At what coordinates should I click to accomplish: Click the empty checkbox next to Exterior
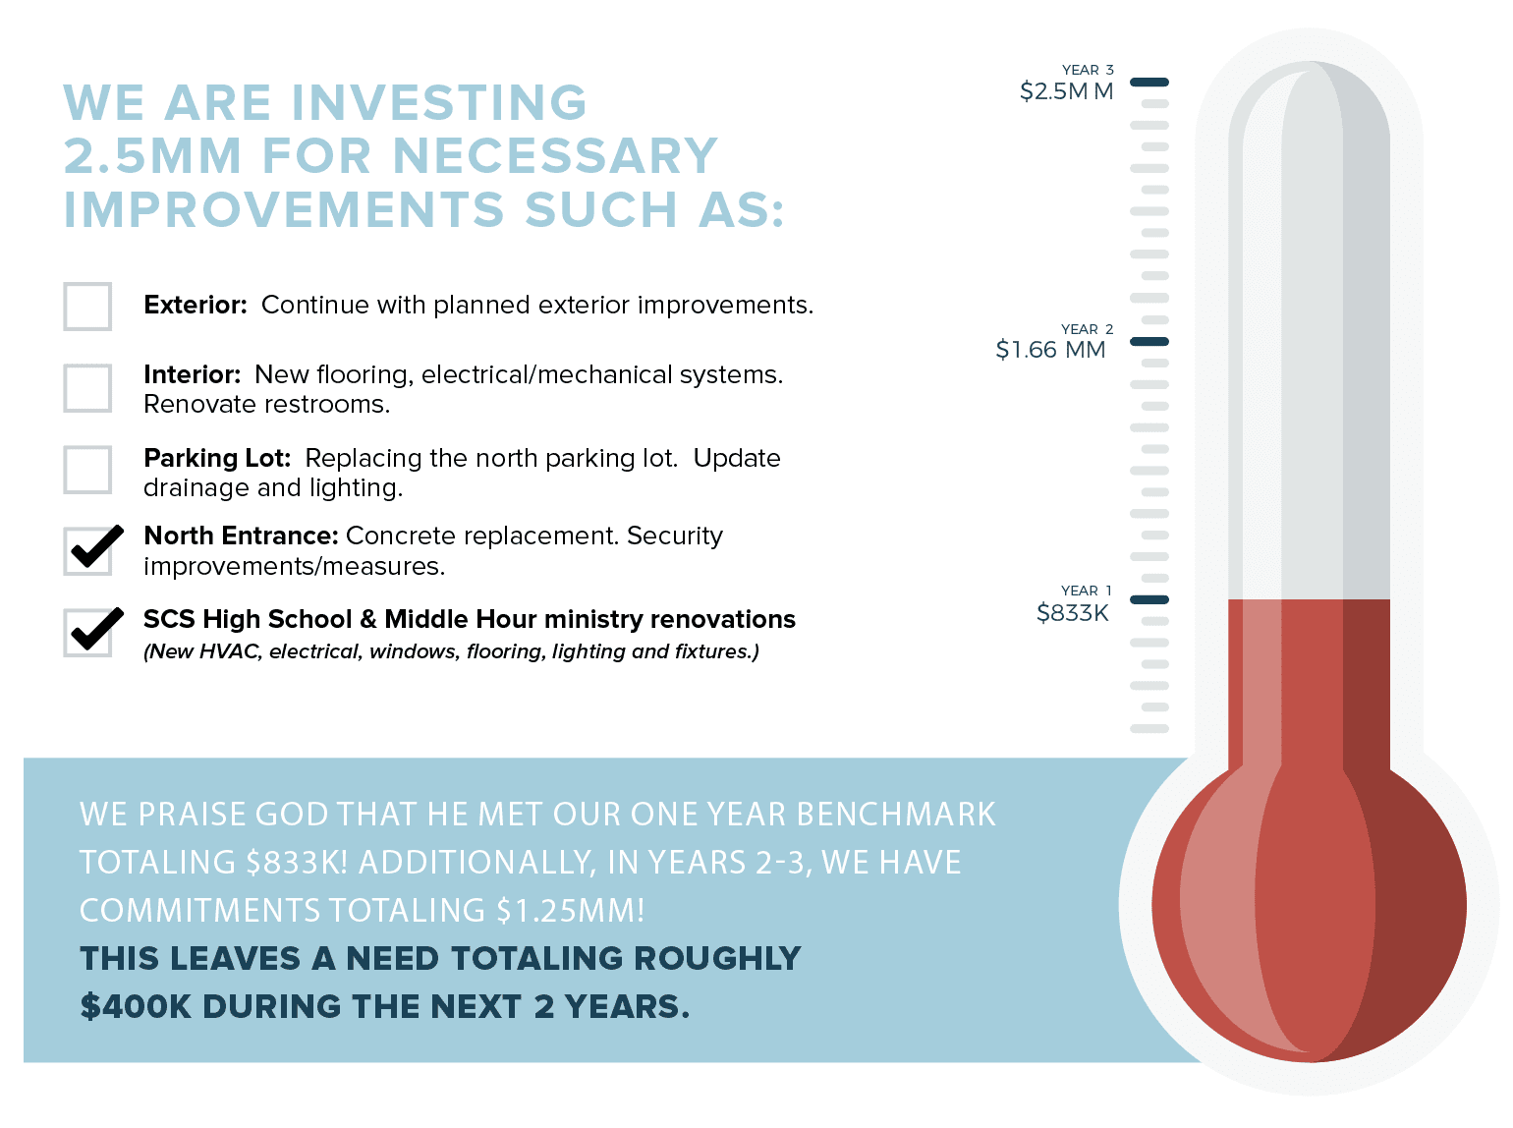click(x=86, y=306)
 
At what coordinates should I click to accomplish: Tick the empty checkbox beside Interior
click(x=86, y=388)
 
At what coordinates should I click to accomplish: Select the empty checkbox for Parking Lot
click(x=86, y=470)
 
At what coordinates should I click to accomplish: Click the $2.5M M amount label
click(x=1066, y=91)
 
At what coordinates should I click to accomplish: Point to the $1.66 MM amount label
click(x=1050, y=350)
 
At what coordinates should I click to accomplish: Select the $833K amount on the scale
click(x=1072, y=612)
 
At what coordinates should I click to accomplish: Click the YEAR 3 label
click(x=1087, y=70)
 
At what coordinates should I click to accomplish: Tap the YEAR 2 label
click(x=1087, y=329)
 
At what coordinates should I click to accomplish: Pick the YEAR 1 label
click(x=1086, y=590)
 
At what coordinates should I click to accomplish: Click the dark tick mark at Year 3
click(x=1149, y=82)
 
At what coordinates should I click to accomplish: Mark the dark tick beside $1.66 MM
click(x=1149, y=341)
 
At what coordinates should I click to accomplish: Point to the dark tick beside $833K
click(x=1149, y=599)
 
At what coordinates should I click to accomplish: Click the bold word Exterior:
click(x=196, y=305)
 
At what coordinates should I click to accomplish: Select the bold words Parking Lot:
click(x=217, y=458)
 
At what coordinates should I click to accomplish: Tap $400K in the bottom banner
click(x=136, y=1007)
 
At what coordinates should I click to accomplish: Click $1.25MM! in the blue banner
click(x=570, y=910)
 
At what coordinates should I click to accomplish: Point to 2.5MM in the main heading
click(x=152, y=155)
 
